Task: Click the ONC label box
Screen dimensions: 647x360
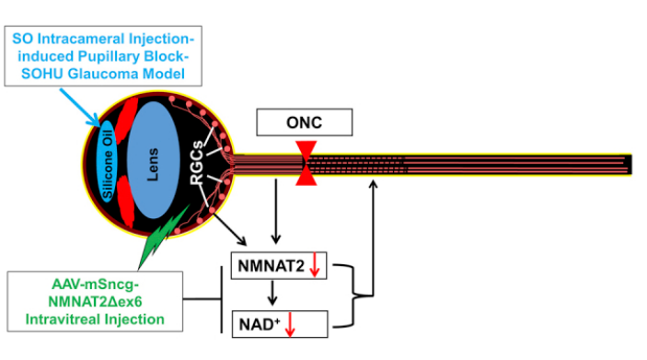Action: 304,122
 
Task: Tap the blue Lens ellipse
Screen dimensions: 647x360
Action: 153,160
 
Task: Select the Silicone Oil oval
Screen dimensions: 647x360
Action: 108,161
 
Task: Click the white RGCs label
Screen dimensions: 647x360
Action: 197,162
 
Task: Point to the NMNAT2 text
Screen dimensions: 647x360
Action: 272,266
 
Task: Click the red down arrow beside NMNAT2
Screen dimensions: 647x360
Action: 315,265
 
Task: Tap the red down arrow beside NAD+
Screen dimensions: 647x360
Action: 290,324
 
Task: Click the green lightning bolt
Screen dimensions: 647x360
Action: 163,237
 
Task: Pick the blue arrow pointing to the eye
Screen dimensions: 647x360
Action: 80,108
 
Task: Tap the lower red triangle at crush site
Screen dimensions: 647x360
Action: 306,177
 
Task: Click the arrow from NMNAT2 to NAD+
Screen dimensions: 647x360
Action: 272,293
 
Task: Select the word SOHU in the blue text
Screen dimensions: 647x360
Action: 42,74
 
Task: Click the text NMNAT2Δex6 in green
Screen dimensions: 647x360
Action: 95,302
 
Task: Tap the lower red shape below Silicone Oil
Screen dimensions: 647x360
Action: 125,201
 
